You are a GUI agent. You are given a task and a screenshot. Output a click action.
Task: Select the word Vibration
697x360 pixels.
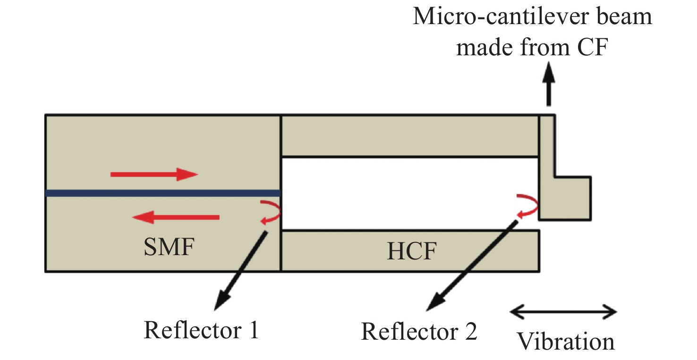(x=566, y=341)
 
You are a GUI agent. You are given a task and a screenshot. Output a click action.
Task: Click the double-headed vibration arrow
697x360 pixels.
(x=564, y=312)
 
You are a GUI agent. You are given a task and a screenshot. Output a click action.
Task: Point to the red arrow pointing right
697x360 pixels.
(x=154, y=174)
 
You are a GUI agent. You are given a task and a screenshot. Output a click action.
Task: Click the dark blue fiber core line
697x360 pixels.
(x=163, y=193)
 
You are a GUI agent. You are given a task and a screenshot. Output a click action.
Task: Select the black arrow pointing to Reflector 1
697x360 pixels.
(x=240, y=271)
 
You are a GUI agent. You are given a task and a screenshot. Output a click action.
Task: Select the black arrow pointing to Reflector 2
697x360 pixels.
(x=470, y=265)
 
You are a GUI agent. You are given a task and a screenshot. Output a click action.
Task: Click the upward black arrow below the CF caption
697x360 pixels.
(x=548, y=85)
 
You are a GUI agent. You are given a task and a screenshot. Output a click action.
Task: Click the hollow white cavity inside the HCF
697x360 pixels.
(x=410, y=193)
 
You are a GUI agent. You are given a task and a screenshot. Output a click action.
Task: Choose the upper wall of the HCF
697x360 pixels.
(x=410, y=136)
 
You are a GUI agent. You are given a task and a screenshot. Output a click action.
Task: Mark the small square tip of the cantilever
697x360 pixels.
(x=572, y=198)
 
